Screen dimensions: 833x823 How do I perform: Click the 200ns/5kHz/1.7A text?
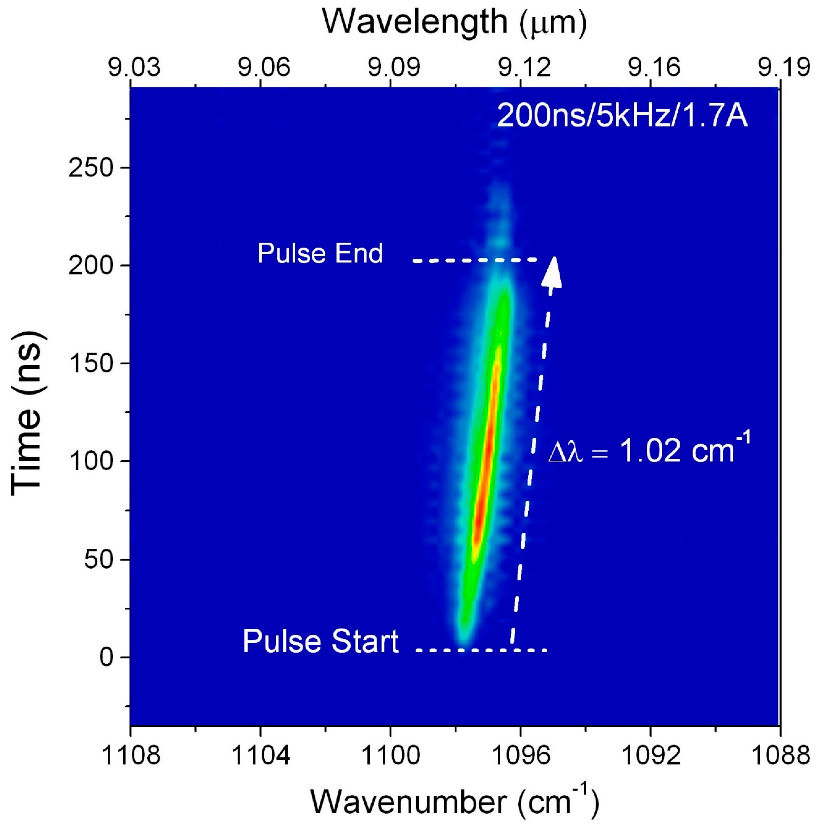click(x=622, y=116)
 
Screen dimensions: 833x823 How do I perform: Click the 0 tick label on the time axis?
click(x=107, y=658)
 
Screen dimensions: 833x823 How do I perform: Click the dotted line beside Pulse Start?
click(x=481, y=650)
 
